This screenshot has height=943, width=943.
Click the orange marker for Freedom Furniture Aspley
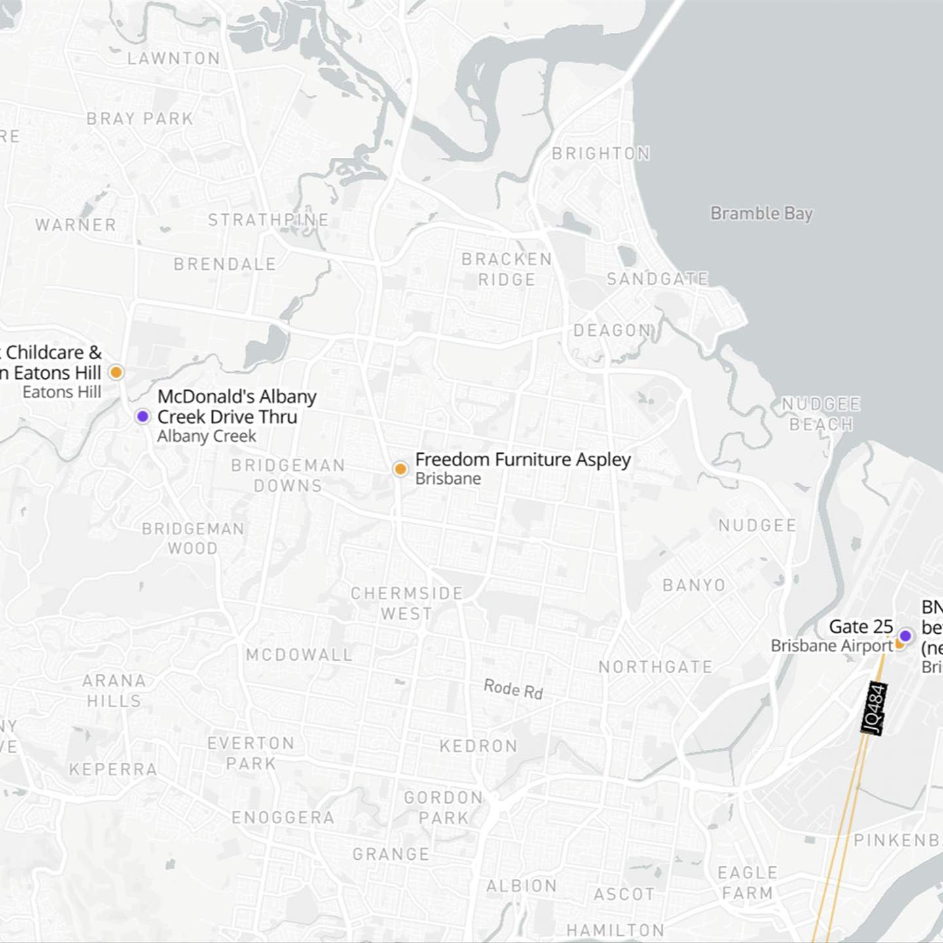400,469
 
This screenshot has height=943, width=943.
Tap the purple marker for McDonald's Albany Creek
143,416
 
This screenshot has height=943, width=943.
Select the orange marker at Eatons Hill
116,373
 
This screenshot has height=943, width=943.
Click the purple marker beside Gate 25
906,635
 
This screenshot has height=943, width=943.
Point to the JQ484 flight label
875,708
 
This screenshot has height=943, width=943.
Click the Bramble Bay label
762,213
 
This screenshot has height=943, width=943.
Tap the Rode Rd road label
513,689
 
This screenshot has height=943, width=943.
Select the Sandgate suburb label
657,279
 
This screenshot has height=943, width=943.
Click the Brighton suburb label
601,153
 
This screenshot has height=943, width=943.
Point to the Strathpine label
268,219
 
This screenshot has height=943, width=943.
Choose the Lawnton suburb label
174,58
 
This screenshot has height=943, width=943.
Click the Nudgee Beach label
821,414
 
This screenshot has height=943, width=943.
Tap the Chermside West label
407,603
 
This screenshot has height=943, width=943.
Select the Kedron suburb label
479,746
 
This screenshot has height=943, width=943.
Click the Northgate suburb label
656,667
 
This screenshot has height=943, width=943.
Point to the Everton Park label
251,753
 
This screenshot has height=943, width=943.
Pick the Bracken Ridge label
507,269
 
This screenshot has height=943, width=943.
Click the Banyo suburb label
694,585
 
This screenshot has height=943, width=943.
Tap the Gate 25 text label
860,627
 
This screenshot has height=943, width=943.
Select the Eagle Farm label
747,883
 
